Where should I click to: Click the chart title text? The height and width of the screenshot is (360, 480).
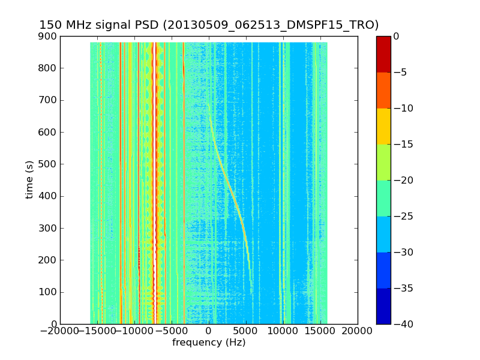[x=209, y=25]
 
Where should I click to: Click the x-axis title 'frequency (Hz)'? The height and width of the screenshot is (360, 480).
[x=209, y=343]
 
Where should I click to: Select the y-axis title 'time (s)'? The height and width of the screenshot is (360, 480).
[x=29, y=179]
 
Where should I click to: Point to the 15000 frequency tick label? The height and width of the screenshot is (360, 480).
[x=320, y=331]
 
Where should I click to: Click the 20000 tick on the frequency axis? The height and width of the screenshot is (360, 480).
[x=358, y=331]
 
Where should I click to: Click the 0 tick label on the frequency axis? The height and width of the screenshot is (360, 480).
[x=209, y=331]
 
